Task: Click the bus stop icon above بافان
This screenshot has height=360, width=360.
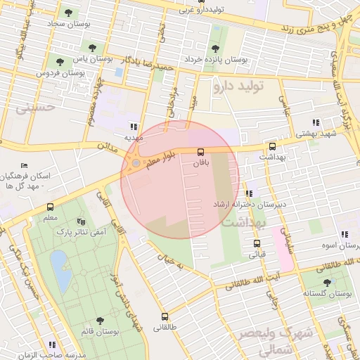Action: click(201, 151)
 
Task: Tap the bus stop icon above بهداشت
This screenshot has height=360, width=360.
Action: click(272, 146)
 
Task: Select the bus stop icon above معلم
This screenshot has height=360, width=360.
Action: click(50, 207)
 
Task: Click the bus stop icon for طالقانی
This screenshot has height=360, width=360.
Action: click(165, 316)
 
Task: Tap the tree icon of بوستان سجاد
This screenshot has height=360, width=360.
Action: click(68, 12)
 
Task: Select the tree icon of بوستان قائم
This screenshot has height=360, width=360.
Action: click(98, 320)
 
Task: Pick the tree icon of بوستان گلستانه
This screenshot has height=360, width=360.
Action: click(326, 281)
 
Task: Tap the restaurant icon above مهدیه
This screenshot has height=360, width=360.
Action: click(133, 127)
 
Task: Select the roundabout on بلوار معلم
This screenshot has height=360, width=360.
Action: click(135, 165)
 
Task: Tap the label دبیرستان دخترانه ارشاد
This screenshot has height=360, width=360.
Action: click(248, 204)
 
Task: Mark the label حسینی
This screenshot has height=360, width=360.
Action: click(34, 109)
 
